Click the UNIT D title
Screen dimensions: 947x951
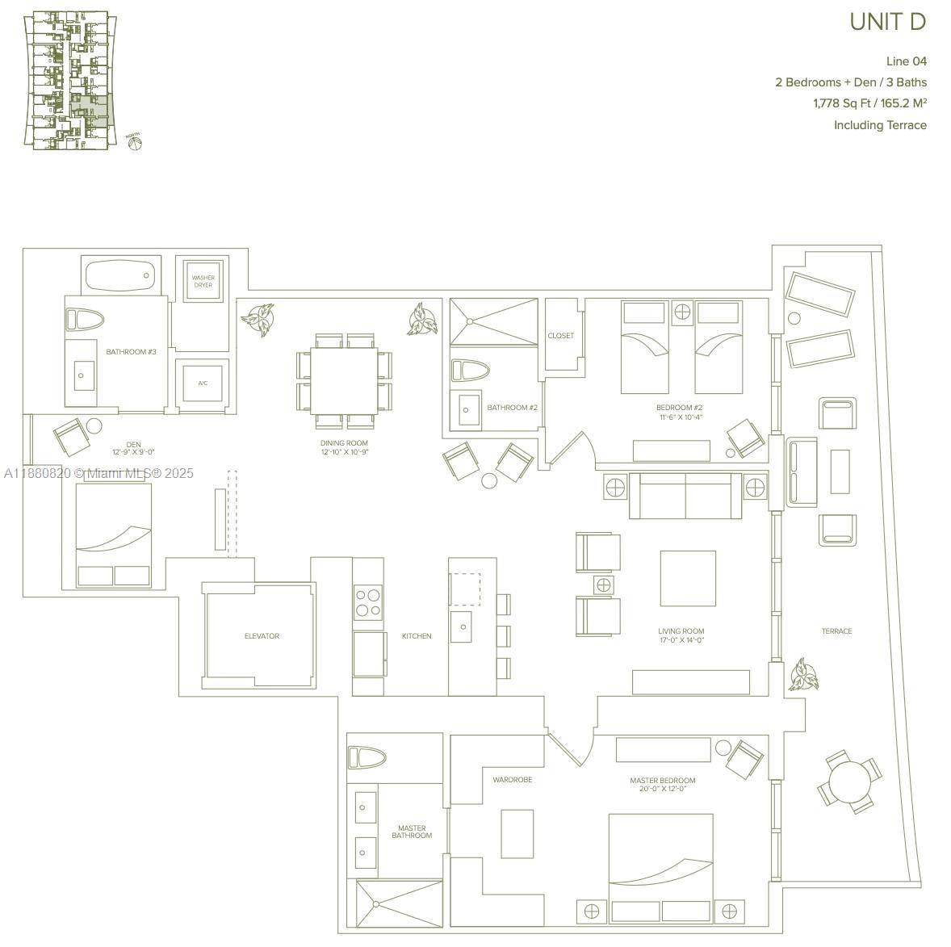(x=886, y=22)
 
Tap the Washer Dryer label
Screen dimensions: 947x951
(x=203, y=281)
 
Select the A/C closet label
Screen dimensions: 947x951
(x=203, y=383)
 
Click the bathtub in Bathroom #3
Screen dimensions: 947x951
(x=121, y=276)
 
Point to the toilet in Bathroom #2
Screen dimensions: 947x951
(x=471, y=371)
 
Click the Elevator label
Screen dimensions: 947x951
(x=262, y=636)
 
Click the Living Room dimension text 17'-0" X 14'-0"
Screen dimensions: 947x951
(x=681, y=640)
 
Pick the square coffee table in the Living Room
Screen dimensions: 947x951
(x=688, y=578)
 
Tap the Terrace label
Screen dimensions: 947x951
(x=836, y=631)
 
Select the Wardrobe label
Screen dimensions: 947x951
(x=513, y=780)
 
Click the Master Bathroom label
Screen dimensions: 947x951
(x=412, y=832)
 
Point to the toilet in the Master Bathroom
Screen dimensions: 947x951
(x=367, y=758)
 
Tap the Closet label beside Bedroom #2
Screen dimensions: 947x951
(x=560, y=336)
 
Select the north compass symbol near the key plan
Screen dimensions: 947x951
(x=134, y=142)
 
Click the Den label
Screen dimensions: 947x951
(x=133, y=444)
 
